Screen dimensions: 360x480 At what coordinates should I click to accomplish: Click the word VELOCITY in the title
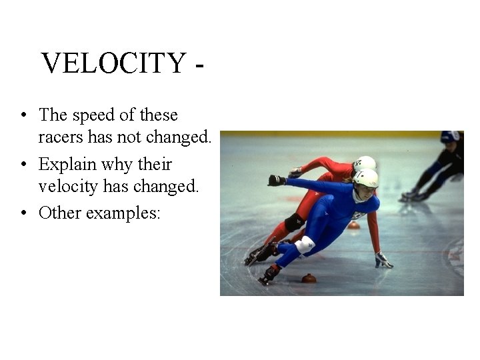(113, 64)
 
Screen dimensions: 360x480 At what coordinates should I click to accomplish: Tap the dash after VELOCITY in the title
(198, 67)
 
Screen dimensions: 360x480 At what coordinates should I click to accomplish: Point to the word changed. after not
(178, 138)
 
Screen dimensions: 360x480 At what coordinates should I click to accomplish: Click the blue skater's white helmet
(365, 178)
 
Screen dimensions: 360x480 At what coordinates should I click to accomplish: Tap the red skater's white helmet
(365, 162)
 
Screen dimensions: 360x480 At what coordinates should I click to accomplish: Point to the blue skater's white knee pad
(305, 245)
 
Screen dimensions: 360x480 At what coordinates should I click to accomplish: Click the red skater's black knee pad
(293, 222)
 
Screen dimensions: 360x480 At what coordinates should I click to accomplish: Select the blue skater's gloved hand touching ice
(383, 261)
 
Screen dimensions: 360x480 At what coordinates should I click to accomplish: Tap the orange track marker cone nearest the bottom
(309, 278)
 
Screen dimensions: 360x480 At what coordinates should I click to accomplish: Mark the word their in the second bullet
(155, 165)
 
